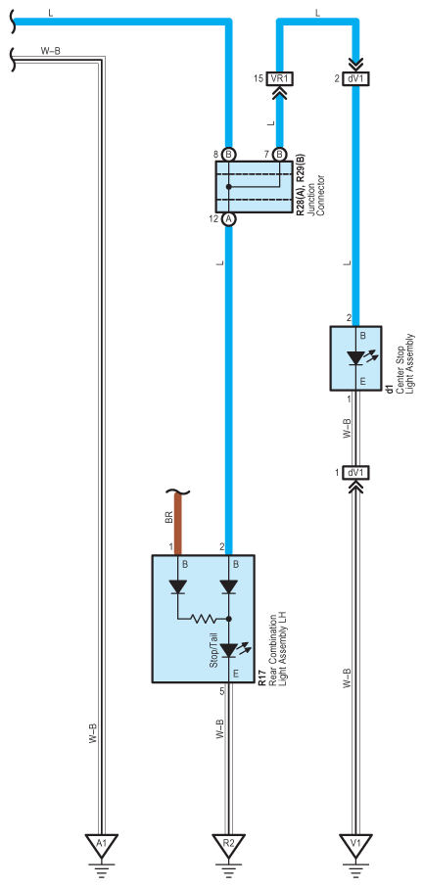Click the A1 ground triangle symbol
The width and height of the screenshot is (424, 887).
coord(101,845)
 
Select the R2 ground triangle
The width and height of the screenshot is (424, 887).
coord(228,845)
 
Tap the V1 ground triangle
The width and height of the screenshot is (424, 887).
coord(355,845)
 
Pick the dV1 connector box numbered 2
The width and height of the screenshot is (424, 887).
coord(356,79)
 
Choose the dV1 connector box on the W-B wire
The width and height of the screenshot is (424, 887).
coord(356,472)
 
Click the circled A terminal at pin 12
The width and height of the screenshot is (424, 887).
coord(229,219)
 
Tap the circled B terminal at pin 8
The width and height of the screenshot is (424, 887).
coord(229,155)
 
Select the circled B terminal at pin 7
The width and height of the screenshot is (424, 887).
coord(279,155)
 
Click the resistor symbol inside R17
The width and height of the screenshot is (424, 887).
coord(205,619)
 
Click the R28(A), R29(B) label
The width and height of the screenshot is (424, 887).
coord(301,181)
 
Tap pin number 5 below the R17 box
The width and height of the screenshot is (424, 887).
coord(222,691)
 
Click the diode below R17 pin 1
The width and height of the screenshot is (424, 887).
coord(178,587)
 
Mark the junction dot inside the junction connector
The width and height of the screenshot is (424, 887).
coord(229,187)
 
